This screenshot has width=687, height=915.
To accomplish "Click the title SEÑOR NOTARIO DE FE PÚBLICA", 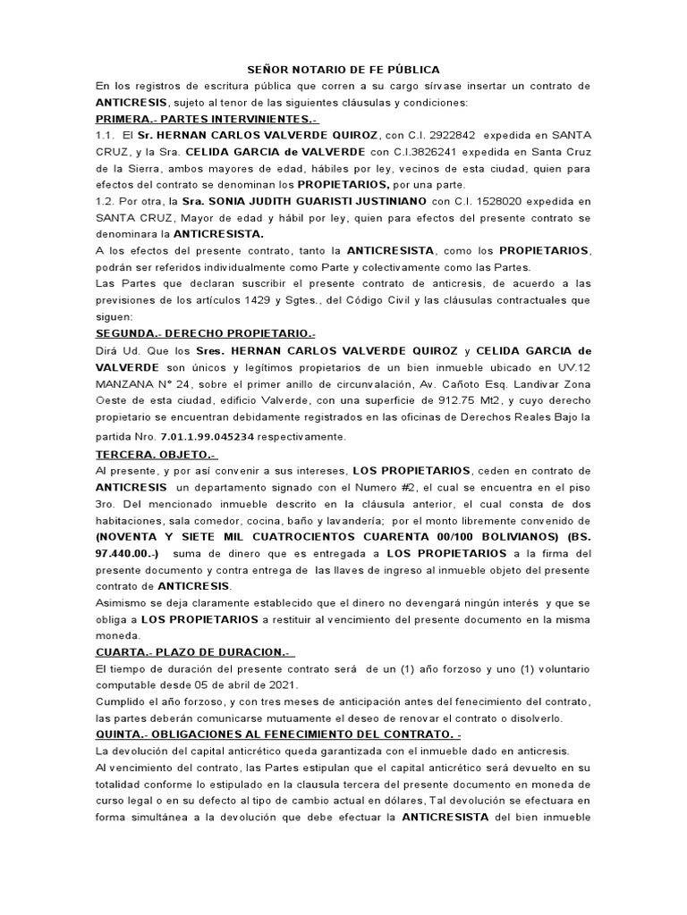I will (343, 70).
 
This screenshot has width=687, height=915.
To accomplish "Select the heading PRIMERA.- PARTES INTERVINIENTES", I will (195, 119).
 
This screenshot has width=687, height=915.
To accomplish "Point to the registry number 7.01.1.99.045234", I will (208, 436).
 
